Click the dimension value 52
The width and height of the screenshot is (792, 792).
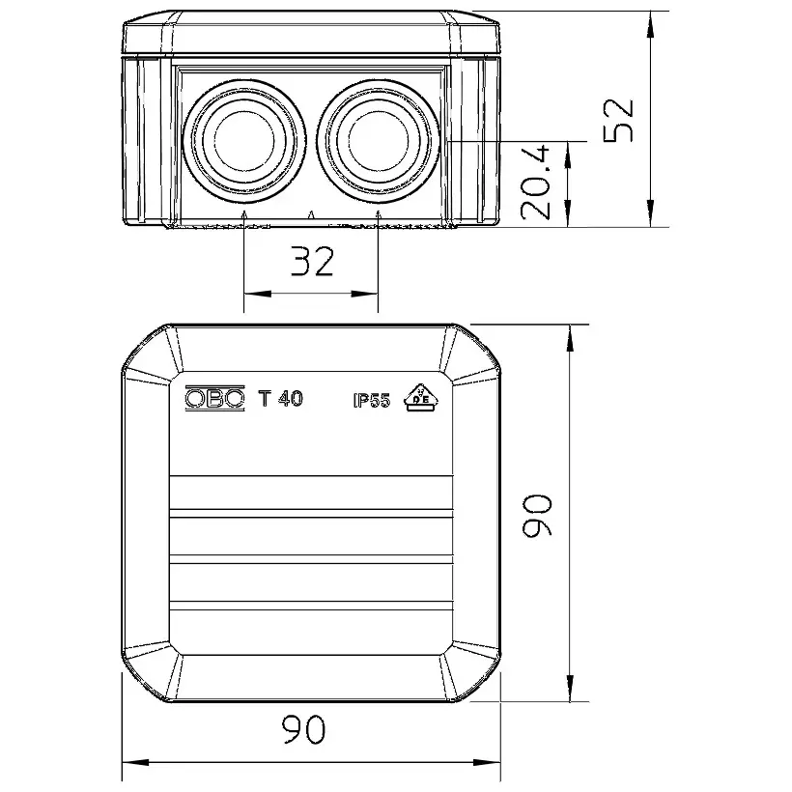tap(618, 120)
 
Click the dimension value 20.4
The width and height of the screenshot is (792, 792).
tap(535, 183)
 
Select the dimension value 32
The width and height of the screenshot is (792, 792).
tap(313, 261)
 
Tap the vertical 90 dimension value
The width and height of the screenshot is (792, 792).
tap(538, 515)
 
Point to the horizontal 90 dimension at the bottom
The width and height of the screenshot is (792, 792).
tap(303, 729)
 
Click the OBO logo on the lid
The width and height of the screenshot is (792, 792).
tap(214, 399)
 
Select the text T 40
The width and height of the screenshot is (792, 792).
tap(280, 399)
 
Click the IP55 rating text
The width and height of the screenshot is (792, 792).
tap(372, 401)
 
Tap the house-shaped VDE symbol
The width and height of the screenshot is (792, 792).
tap(421, 398)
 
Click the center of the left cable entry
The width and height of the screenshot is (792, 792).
tap(244, 140)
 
